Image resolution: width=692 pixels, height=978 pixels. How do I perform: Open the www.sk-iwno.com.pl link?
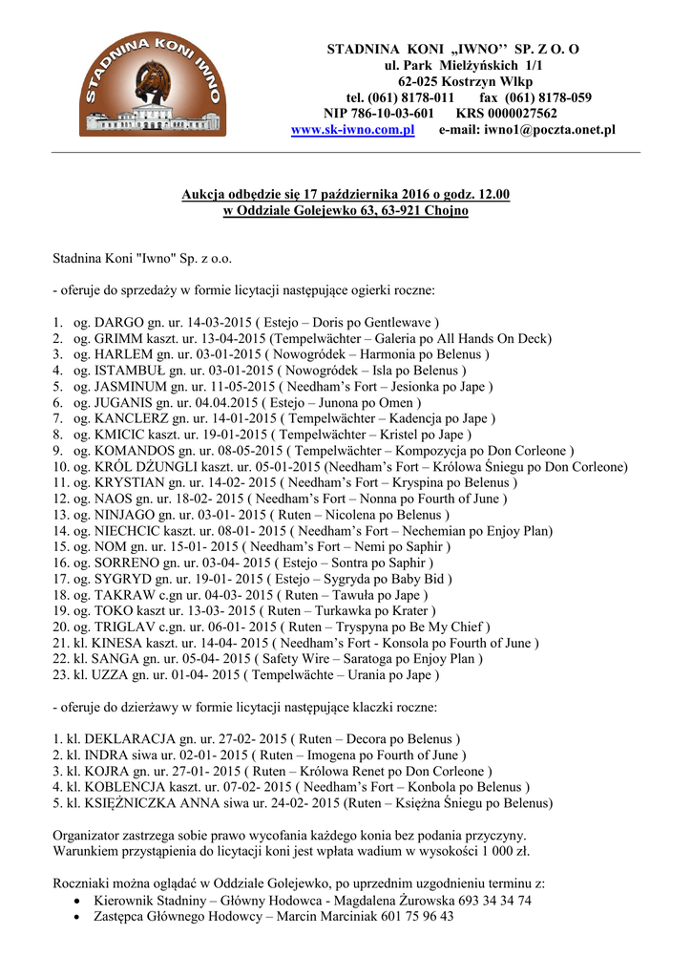[352, 130]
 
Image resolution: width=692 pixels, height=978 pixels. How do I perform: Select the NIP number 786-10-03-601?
[386, 113]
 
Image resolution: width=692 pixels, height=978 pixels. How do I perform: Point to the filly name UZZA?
[102, 674]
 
